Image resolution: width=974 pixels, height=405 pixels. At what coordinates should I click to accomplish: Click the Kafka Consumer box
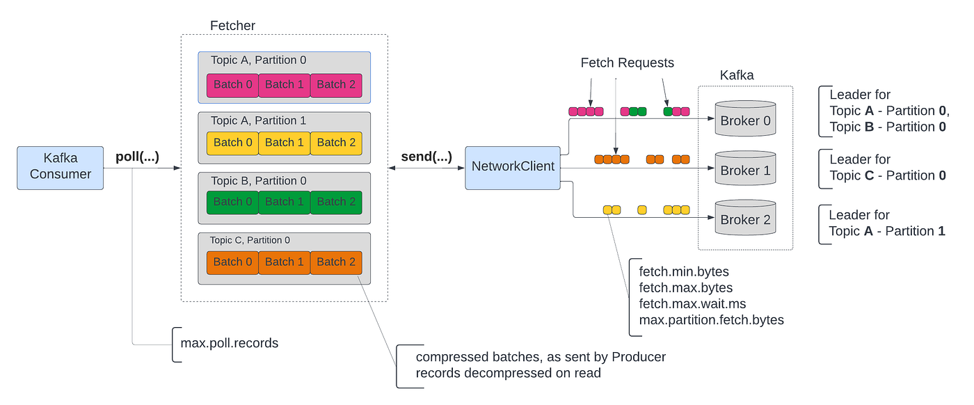coord(60,167)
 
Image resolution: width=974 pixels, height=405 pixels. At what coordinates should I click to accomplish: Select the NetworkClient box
coord(513,167)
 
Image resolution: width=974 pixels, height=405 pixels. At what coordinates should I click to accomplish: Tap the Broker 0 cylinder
coord(745,120)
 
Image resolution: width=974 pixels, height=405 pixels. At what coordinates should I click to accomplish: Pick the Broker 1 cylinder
coord(745,169)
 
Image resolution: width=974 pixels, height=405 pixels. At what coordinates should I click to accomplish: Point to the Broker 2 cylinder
coord(745,219)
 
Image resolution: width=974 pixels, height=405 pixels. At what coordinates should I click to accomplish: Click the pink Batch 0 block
coord(233,85)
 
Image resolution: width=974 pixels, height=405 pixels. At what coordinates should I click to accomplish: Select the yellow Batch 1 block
coord(285,143)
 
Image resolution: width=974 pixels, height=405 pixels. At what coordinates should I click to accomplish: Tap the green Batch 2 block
coord(336,202)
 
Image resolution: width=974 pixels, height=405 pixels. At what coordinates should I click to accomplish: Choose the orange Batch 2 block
coord(336,262)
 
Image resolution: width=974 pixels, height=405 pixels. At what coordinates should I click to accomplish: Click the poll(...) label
coord(137,157)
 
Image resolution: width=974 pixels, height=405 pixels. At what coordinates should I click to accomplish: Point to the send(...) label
coord(426,157)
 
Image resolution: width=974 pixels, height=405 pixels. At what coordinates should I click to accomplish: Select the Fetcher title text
coord(232,26)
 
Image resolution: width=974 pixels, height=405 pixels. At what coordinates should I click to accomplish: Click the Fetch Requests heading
coord(627,63)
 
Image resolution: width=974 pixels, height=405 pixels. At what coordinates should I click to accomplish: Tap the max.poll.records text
coord(230,343)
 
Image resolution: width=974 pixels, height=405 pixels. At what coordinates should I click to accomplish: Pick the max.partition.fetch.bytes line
coord(711,320)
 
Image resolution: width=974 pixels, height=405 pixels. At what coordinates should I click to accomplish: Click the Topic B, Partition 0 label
coord(258,181)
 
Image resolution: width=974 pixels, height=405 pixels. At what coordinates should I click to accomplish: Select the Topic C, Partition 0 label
coord(250,241)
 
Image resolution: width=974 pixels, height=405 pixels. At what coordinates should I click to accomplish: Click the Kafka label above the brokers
coord(736,75)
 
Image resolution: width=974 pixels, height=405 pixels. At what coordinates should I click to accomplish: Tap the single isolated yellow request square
coord(641,209)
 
